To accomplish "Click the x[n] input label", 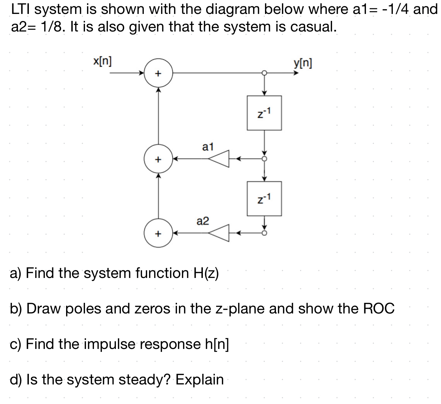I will pos(102,61).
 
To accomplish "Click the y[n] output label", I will pos(303,63).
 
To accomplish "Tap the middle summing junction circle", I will pos(158,159).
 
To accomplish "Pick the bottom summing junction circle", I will pos(158,234).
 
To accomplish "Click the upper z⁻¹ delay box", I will pos(264,113).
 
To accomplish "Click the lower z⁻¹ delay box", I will pos(264,198).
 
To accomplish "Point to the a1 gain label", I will pos(208,147).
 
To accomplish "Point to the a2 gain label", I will pos(203,221).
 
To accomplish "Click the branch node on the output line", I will pos(264,73).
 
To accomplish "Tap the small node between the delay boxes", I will pos(264,159).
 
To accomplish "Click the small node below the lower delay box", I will pos(264,233).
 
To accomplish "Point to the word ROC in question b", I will pos(379,309).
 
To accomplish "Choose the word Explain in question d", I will pos(200,379).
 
